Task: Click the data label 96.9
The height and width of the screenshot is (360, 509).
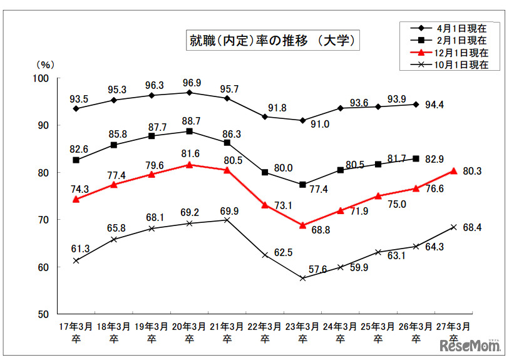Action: [190, 83]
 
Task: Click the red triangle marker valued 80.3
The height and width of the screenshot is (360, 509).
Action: [453, 171]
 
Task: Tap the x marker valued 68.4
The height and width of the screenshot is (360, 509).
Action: [453, 227]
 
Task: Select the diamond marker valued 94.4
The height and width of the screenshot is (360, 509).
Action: [416, 104]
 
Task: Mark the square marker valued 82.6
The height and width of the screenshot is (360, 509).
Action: [76, 160]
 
